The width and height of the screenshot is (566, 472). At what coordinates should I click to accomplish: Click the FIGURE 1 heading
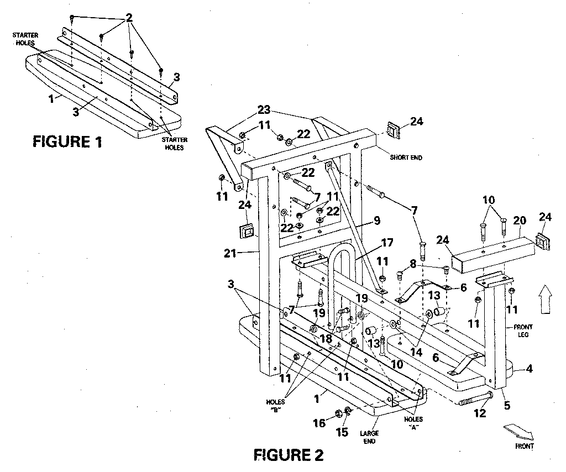(x=67, y=142)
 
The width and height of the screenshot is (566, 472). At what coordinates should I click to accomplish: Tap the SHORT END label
(x=406, y=158)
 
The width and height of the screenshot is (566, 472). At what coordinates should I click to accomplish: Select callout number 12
(x=480, y=412)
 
